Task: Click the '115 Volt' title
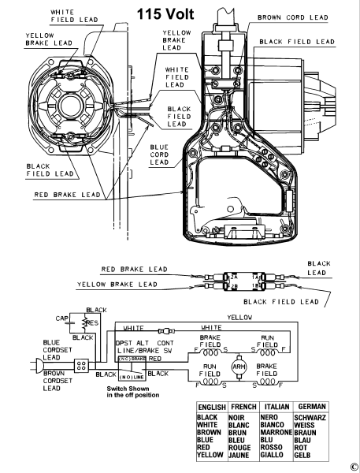tap(165, 14)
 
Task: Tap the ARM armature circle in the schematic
tap(239, 367)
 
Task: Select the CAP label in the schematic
tap(61, 318)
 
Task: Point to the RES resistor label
tap(92, 323)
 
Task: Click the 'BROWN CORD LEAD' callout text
tap(292, 17)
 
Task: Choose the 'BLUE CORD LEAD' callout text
tap(159, 155)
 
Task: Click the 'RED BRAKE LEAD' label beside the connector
tap(134, 269)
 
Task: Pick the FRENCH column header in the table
tap(243, 407)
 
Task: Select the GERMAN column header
tap(312, 407)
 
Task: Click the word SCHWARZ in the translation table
tap(310, 418)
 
